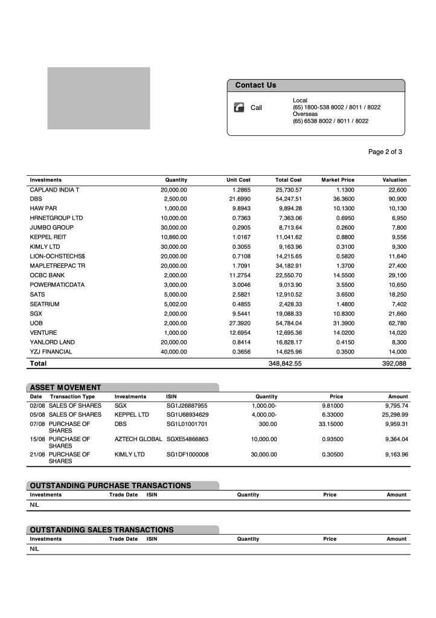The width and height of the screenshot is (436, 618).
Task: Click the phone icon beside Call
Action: pos(239,108)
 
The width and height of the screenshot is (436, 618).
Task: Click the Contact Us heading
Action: pos(255,85)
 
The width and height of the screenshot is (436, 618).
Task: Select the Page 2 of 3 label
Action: pos(385,152)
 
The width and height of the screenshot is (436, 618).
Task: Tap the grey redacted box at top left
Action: pos(98,98)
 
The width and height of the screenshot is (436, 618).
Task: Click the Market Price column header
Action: pos(338,180)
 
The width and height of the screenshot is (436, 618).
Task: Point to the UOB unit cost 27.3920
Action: pos(237,323)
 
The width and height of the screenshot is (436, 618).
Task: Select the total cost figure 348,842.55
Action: pos(284,364)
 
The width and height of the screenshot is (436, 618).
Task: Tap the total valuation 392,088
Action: pos(393,364)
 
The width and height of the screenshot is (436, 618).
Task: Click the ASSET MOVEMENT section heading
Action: pos(65,387)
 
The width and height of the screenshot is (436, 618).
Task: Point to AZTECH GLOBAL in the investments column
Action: pos(138,439)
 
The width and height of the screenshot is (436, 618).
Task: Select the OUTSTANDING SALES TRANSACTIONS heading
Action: pos(101,530)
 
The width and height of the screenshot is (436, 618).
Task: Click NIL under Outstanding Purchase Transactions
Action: pos(34,505)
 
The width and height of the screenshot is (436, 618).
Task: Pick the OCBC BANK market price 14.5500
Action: pos(341,275)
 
